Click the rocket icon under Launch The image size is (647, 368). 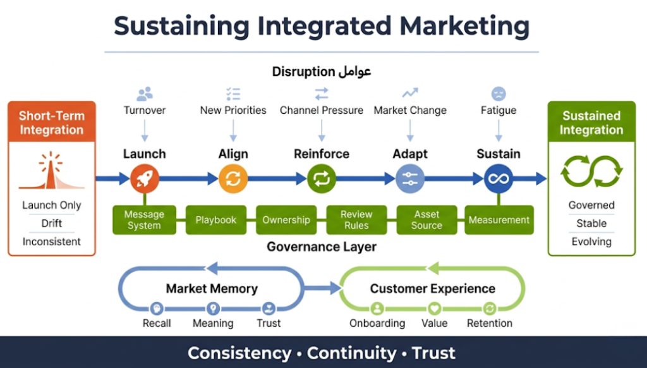click(144, 179)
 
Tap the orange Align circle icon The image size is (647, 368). click(233, 179)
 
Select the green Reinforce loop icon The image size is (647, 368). click(321, 179)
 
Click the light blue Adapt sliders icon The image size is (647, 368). click(409, 179)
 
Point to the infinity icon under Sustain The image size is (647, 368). click(498, 179)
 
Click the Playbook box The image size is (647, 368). click(216, 220)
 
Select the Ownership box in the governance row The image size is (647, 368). click(286, 220)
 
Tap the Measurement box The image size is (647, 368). click(499, 220)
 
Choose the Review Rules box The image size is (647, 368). click(356, 220)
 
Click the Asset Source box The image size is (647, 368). click(427, 220)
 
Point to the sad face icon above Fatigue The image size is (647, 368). click(499, 94)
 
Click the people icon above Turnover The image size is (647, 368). click(145, 94)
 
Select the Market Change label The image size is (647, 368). click(410, 110)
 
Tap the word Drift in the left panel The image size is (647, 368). click(52, 223)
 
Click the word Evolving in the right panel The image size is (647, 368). click(591, 242)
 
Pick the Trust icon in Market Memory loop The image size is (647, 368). click(269, 309)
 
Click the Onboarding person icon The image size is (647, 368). click(377, 309)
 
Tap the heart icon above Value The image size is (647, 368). click(434, 309)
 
